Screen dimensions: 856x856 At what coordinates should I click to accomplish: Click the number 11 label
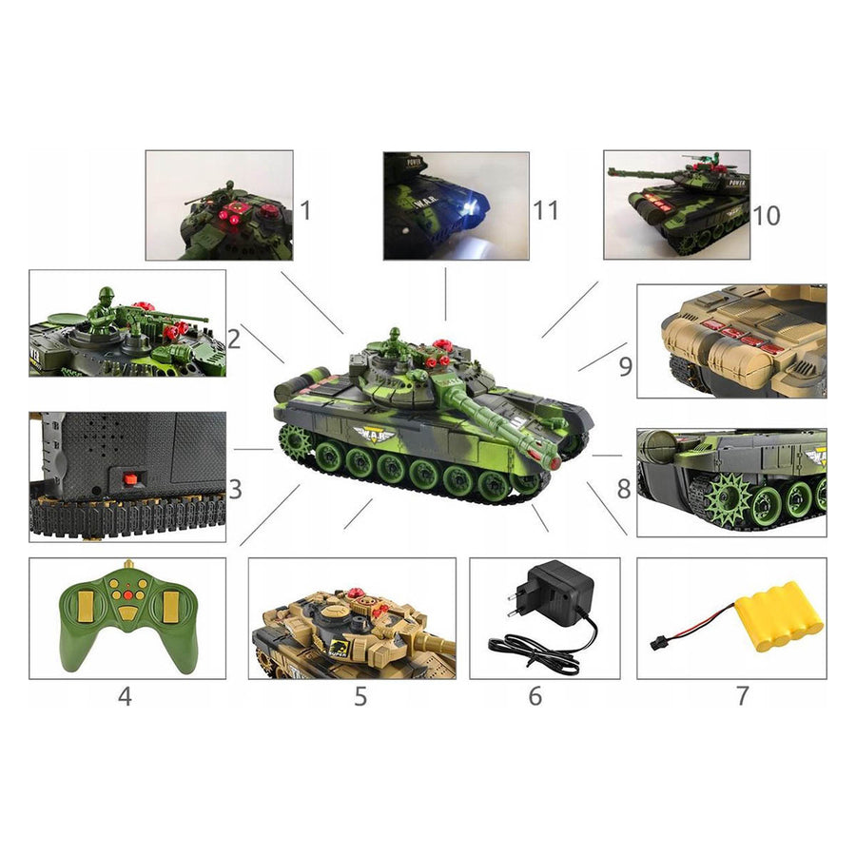[x=546, y=209]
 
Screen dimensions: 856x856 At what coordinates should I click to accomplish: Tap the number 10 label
[x=766, y=215]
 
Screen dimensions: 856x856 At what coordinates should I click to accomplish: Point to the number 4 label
[x=125, y=696]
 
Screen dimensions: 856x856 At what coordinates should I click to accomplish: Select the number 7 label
[x=742, y=696]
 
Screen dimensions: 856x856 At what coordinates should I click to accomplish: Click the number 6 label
[x=535, y=696]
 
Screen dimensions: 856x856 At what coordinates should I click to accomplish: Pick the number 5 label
[x=360, y=696]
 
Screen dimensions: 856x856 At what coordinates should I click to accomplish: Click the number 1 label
[x=305, y=209]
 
